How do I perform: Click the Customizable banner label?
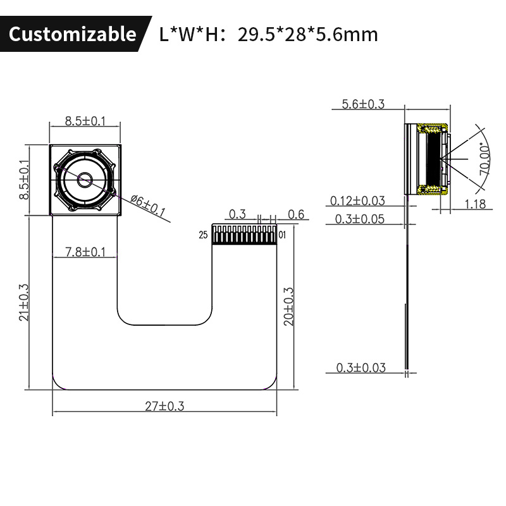click(x=72, y=34)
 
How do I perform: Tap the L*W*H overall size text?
click(x=269, y=34)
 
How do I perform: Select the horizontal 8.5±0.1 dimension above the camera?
click(x=85, y=122)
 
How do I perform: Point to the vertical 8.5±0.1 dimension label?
click(x=24, y=180)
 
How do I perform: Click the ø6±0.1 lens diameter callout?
click(x=147, y=206)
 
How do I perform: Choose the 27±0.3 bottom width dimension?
click(x=164, y=406)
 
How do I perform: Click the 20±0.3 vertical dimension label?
click(x=289, y=307)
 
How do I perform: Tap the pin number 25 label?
click(x=203, y=235)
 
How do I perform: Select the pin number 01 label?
click(x=283, y=235)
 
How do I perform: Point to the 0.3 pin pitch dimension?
click(x=237, y=214)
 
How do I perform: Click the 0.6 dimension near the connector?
click(x=295, y=214)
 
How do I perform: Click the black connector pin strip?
click(x=245, y=235)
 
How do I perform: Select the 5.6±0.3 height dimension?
click(x=362, y=104)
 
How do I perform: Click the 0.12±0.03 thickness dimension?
click(x=357, y=201)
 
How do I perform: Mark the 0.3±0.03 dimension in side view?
click(x=361, y=367)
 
